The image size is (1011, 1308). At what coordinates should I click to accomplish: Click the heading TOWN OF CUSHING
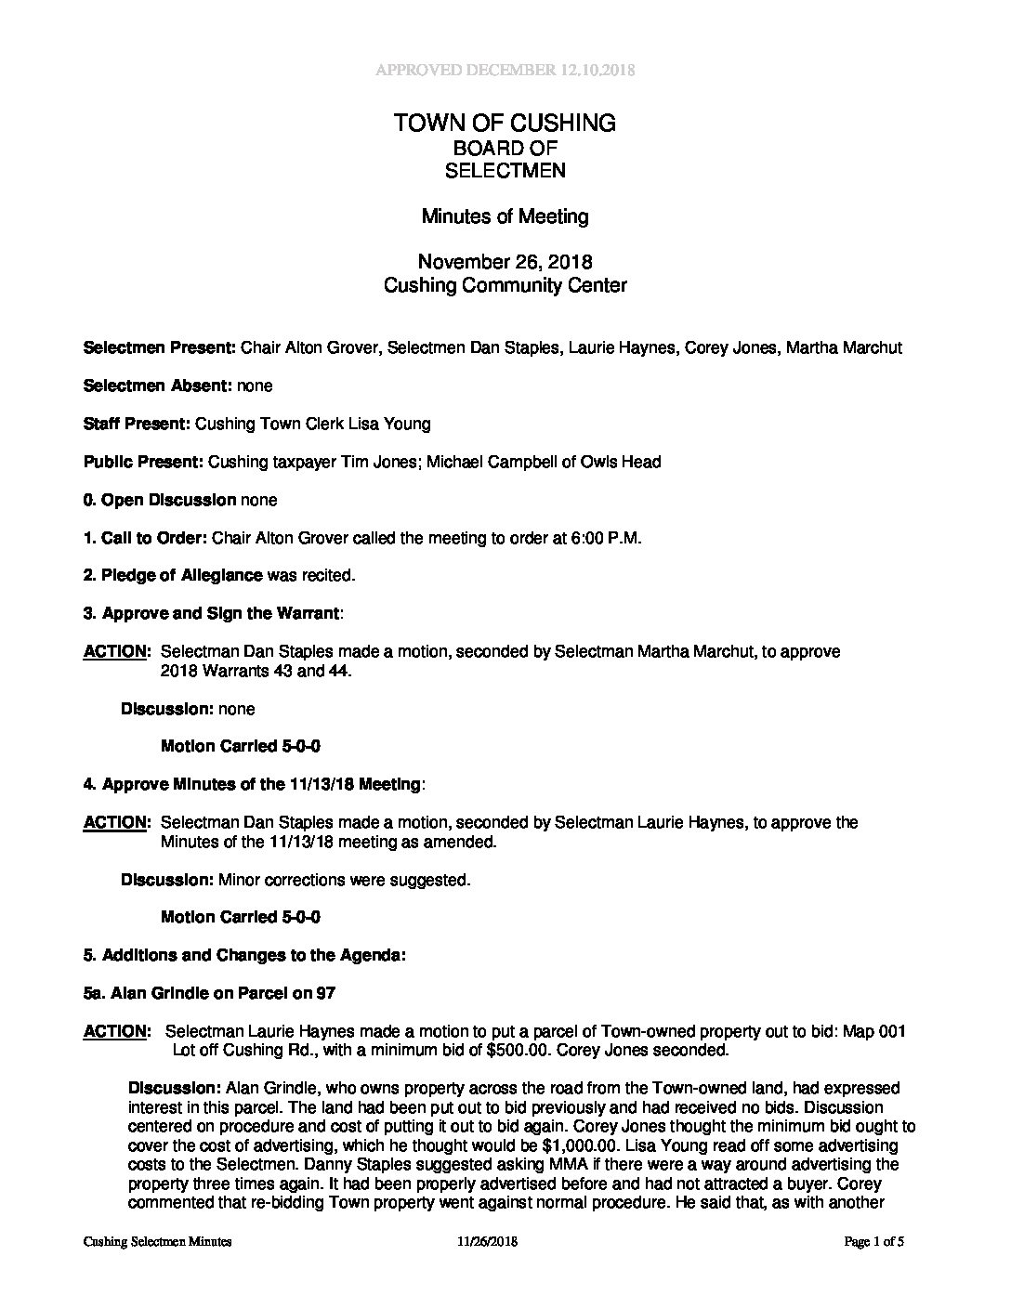(505, 123)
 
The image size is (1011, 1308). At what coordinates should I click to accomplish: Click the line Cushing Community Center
(505, 285)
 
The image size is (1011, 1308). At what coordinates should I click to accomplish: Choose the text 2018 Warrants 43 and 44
(256, 671)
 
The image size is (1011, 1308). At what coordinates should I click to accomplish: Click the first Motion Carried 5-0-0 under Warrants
(241, 746)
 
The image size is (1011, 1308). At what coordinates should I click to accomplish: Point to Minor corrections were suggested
(344, 880)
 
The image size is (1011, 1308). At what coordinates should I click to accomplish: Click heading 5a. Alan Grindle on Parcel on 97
(209, 993)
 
